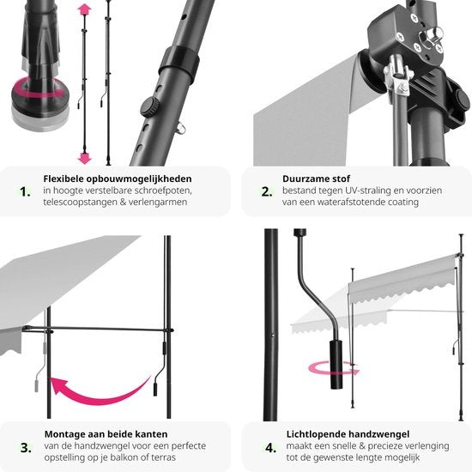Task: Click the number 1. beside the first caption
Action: (x=25, y=191)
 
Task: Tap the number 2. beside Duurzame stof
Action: (x=267, y=191)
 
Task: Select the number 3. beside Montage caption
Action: (x=26, y=448)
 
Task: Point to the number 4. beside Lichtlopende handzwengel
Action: (x=270, y=448)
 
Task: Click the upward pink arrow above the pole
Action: (x=85, y=9)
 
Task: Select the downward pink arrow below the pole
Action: (x=85, y=158)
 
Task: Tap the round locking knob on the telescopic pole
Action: (x=149, y=107)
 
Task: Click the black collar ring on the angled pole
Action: (x=179, y=64)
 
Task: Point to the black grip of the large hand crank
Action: (x=336, y=365)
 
